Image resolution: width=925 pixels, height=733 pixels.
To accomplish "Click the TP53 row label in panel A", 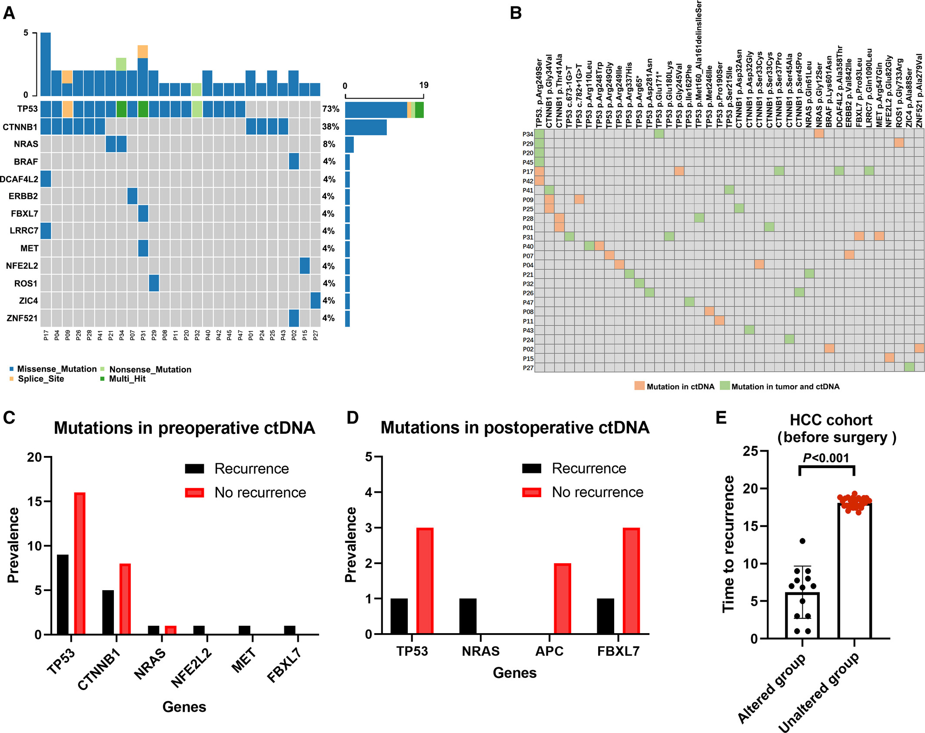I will click(x=27, y=109).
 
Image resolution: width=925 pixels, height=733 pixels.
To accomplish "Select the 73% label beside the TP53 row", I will click(x=330, y=109).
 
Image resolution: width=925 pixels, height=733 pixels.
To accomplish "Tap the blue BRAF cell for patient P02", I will click(x=294, y=161).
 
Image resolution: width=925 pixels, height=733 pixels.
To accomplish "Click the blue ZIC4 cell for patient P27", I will click(x=316, y=300).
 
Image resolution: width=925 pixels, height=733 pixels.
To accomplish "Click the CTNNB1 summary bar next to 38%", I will click(x=366, y=127).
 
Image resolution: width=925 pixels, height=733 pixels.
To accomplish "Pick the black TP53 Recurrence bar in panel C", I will click(x=63, y=594).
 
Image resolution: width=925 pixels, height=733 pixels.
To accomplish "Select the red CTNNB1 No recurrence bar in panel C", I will click(x=125, y=599).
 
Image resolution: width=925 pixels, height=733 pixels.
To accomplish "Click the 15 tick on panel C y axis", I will click(x=34, y=501).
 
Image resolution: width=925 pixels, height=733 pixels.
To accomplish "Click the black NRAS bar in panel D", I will click(x=468, y=616).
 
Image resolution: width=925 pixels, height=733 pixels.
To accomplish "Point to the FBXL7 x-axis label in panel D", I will click(x=618, y=651).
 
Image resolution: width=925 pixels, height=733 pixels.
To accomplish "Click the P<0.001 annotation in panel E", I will click(x=825, y=458).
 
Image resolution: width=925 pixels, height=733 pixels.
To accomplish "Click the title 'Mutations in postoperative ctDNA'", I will click(x=515, y=428).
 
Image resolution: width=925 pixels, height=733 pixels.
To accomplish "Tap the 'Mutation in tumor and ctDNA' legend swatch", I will click(x=725, y=386).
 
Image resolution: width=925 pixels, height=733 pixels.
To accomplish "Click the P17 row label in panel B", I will click(x=528, y=172).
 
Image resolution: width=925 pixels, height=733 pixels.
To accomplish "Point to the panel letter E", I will click(x=721, y=418).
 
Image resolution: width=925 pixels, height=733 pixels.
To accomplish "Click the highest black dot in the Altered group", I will click(x=802, y=541).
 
